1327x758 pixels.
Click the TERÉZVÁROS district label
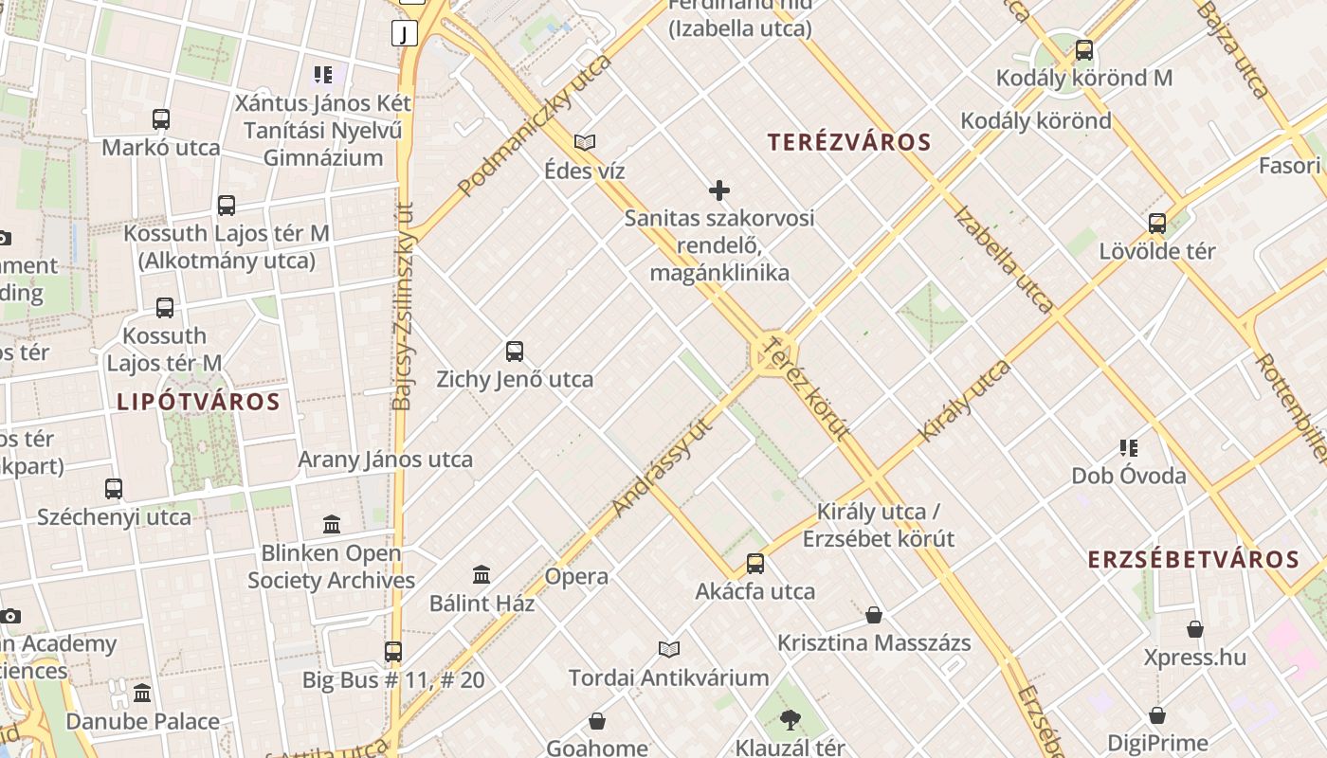click(x=849, y=143)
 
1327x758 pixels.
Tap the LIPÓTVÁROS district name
click(x=198, y=402)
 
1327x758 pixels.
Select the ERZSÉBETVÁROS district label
click(x=1193, y=559)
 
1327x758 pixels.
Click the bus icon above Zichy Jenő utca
click(x=515, y=352)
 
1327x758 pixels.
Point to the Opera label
click(x=576, y=576)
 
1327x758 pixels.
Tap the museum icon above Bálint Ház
click(x=482, y=574)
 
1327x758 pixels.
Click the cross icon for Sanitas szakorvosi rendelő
click(x=719, y=190)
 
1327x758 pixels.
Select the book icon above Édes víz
click(x=585, y=143)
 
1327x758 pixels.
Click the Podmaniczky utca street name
click(x=535, y=126)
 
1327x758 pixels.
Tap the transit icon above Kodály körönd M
click(x=1083, y=50)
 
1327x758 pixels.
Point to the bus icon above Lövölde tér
click(x=1157, y=224)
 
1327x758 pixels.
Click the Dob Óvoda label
click(x=1129, y=476)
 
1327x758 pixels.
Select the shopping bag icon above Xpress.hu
click(x=1195, y=629)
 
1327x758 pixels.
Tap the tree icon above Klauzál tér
click(x=790, y=721)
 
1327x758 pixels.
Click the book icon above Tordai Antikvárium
click(x=669, y=649)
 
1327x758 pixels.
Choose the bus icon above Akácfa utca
click(x=755, y=564)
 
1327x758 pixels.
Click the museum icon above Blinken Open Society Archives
click(x=332, y=524)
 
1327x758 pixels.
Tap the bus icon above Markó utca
click(x=161, y=119)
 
